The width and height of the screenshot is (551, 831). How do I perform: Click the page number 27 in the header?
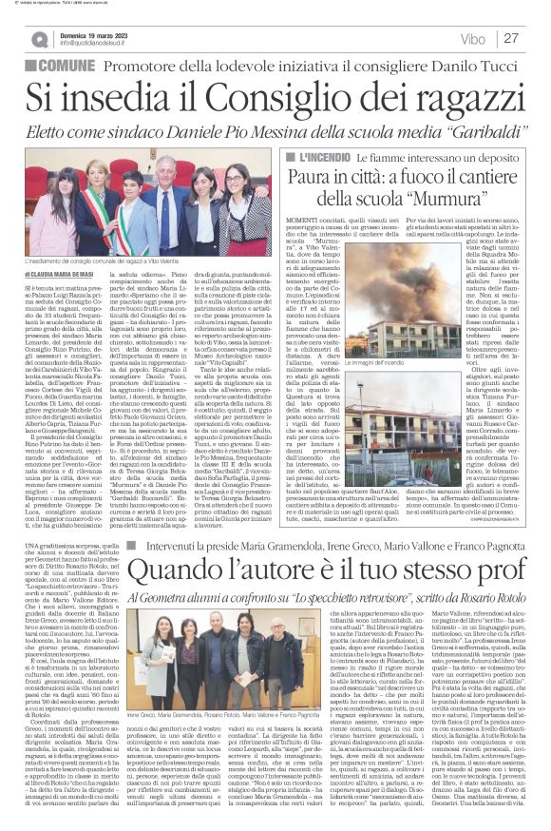[512, 38]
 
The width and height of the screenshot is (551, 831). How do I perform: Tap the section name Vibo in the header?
[472, 39]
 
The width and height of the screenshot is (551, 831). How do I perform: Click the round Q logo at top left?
[39, 39]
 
